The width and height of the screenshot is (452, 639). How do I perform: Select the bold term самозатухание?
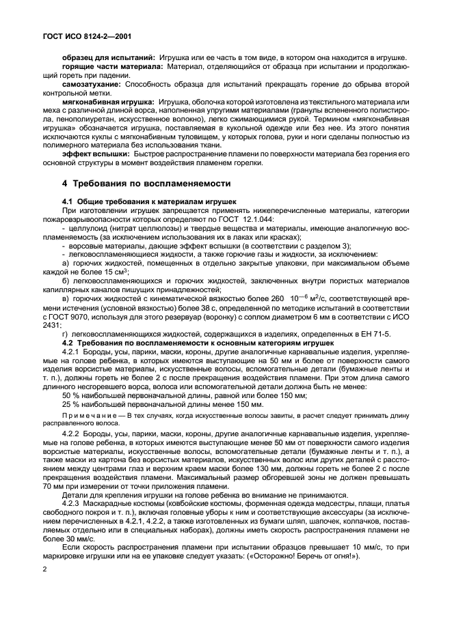pos(91,84)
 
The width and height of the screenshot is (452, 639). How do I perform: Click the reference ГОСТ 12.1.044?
pos(249,220)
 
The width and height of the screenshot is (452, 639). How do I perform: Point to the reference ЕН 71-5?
pos(374,334)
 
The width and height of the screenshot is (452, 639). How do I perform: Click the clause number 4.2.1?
pos(71,352)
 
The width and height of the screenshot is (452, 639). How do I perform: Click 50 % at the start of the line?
pos(70,396)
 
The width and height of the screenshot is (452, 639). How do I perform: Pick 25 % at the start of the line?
pos(70,405)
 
